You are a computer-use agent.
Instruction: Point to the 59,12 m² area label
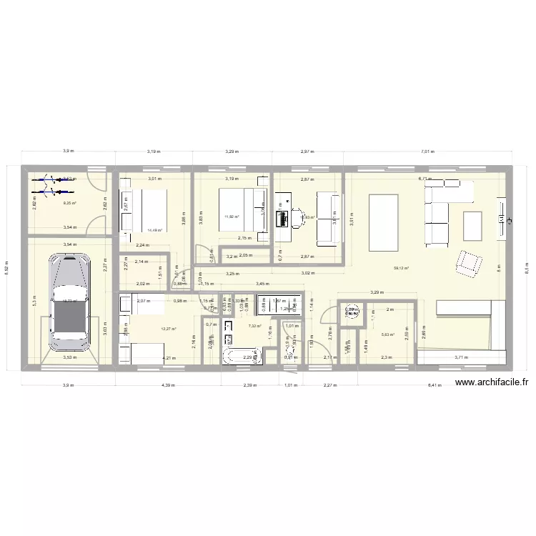coord(401,269)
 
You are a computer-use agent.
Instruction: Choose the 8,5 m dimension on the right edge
coord(526,269)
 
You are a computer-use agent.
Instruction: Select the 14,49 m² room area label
coord(154,230)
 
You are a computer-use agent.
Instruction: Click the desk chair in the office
coord(296,214)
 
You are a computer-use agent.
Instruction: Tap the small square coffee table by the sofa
coord(472,226)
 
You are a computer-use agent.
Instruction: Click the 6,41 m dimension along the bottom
coord(435,385)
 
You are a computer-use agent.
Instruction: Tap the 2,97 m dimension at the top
coord(308,152)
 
